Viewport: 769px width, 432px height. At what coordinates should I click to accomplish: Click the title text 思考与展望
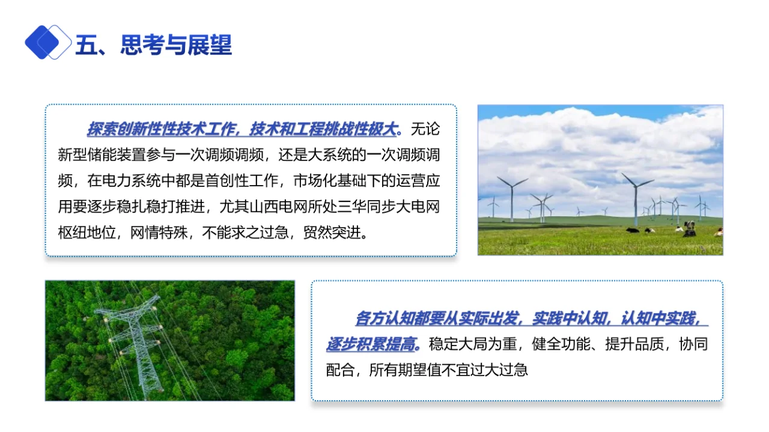coord(176,45)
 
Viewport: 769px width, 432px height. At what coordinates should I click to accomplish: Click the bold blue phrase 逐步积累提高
coord(371,344)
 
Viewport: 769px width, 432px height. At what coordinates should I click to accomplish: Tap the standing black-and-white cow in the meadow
coord(689,227)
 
